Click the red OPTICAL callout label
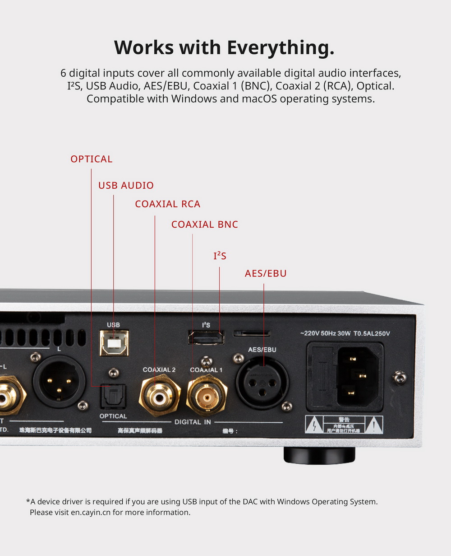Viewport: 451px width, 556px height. pos(91,159)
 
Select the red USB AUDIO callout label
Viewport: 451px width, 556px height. pos(126,185)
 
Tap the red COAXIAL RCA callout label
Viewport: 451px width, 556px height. pos(167,204)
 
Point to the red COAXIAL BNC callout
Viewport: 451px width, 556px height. pos(204,224)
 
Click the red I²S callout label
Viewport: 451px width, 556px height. pos(220,256)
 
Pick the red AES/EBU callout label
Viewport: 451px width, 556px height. pos(266,273)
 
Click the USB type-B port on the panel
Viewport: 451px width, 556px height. pos(114,343)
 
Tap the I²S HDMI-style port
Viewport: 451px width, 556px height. pos(206,337)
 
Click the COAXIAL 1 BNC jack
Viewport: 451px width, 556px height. pos(207,396)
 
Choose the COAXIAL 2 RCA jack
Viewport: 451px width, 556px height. pos(159,396)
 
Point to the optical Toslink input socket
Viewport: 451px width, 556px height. pos(113,397)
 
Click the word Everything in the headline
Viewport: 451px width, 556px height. pos(280,47)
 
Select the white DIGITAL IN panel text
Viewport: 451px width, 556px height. pos(193,422)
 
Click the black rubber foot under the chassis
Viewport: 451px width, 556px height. pos(319,455)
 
